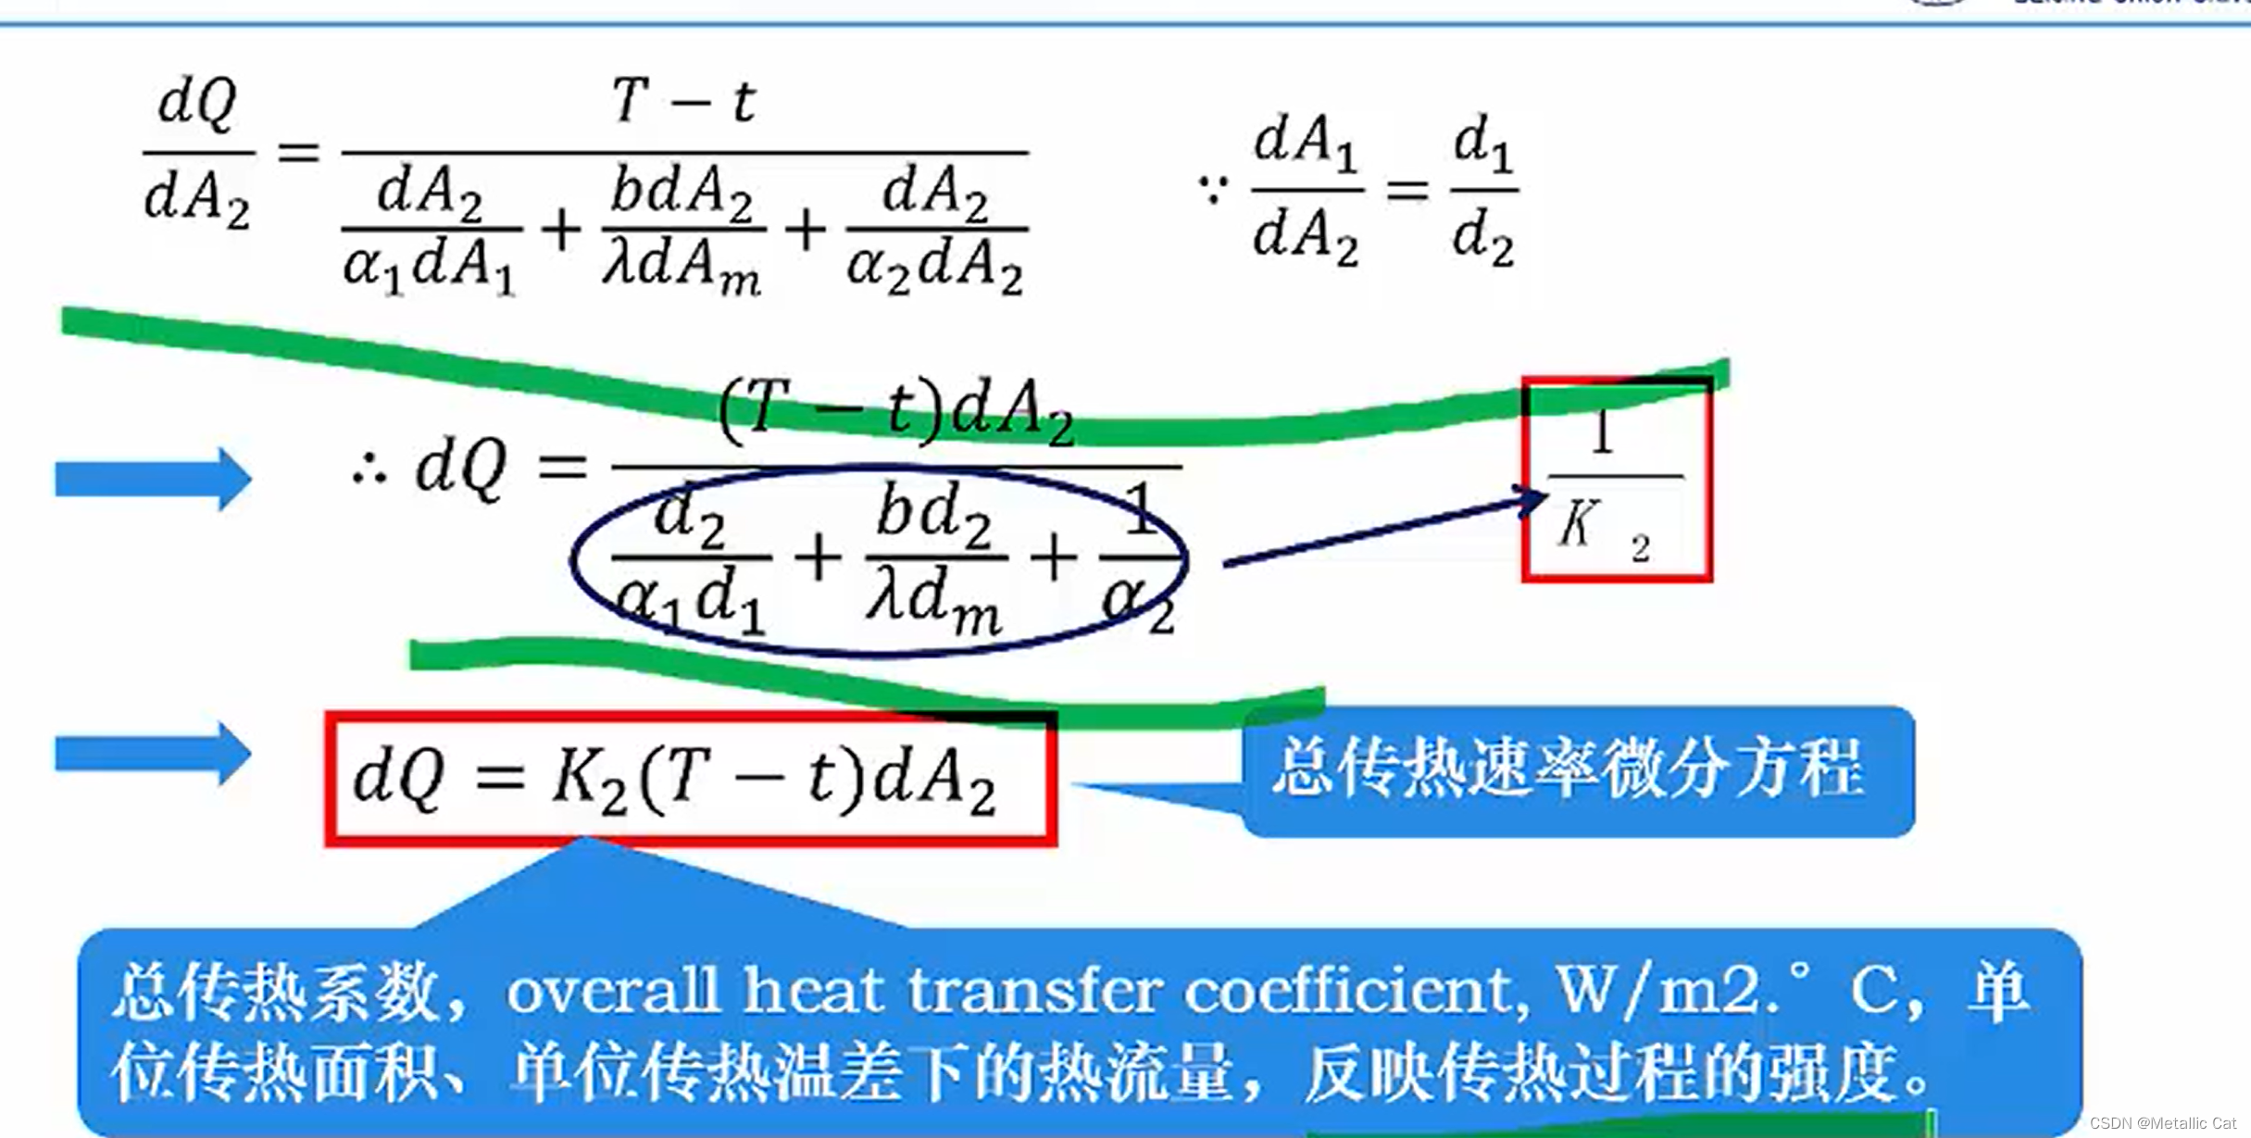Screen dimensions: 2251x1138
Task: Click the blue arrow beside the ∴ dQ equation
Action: coord(153,479)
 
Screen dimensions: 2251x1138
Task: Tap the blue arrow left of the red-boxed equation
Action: coord(153,753)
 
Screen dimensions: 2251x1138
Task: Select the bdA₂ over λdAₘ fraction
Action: coord(683,229)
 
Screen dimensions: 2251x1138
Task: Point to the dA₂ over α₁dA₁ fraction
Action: coord(430,229)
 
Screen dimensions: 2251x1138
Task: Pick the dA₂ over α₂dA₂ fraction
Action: coord(936,229)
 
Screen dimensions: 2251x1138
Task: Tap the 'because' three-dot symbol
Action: coord(1213,190)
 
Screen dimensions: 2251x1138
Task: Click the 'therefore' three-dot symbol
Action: coord(369,471)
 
